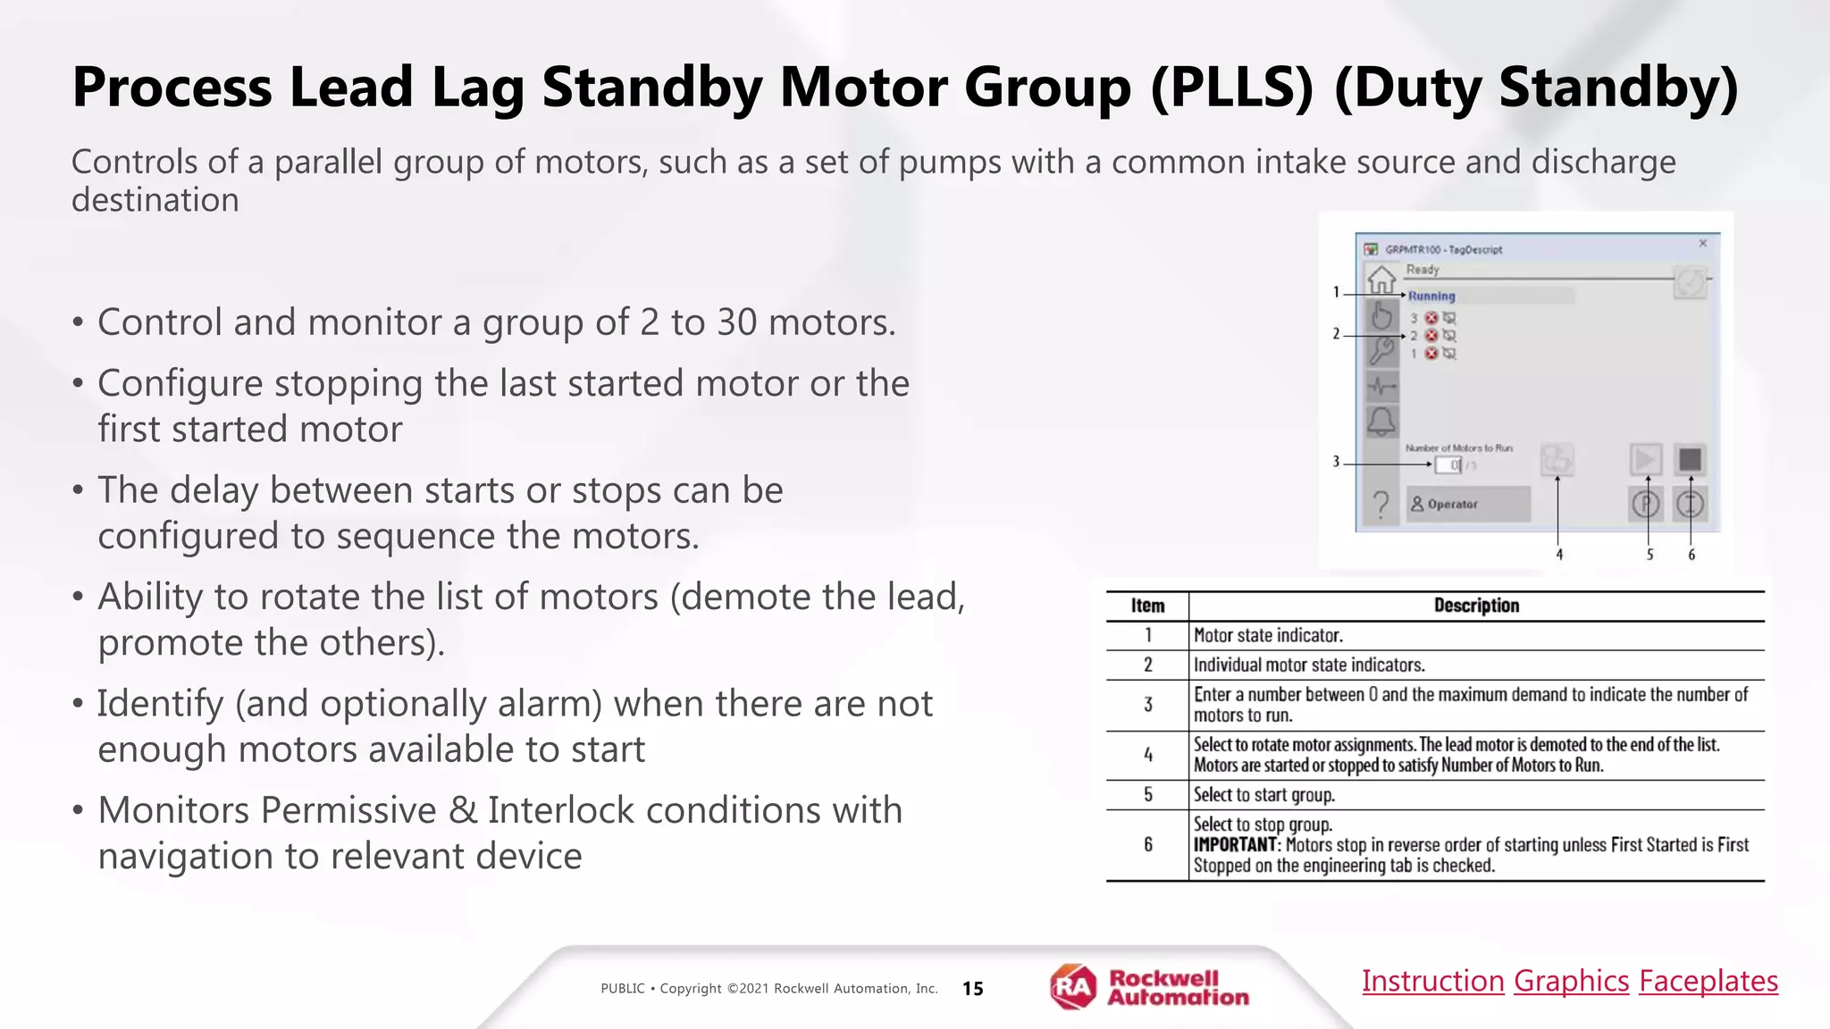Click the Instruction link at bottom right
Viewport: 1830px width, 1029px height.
1432,981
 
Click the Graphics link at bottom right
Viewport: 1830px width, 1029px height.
1571,981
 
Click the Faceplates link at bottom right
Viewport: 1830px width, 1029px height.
1708,981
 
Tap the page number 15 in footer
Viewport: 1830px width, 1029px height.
972,989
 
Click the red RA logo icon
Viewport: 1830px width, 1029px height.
1072,987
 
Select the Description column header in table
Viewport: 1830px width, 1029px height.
1476,606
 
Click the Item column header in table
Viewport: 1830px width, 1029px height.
1147,606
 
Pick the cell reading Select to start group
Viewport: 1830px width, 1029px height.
1263,795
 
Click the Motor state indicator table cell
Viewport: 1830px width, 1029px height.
1268,636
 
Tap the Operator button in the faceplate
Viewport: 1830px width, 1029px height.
1467,505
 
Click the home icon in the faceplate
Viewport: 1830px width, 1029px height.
1381,280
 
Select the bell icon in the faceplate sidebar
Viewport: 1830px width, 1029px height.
1381,421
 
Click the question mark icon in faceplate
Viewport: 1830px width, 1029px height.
1381,505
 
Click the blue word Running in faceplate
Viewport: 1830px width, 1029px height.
1431,297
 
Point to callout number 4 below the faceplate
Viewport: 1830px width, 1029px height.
1559,555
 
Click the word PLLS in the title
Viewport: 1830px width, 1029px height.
1231,88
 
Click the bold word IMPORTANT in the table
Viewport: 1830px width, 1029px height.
1235,845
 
